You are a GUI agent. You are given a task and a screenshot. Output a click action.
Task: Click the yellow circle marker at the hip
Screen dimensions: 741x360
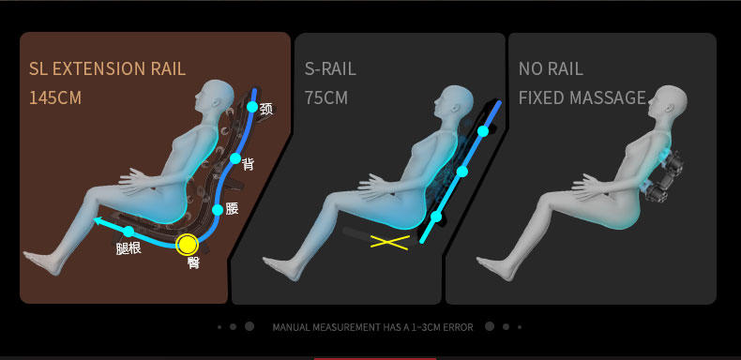pos(188,245)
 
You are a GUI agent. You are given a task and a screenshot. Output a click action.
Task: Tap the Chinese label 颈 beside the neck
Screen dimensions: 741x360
pos(266,110)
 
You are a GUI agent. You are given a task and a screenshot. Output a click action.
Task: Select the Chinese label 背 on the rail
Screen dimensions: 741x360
pos(248,164)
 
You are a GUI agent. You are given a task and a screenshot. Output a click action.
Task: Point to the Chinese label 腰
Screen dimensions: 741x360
pos(232,208)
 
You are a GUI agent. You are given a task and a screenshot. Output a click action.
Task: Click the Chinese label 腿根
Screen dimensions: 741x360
pos(129,248)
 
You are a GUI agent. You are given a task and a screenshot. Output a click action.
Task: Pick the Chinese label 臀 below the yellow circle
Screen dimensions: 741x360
pos(193,262)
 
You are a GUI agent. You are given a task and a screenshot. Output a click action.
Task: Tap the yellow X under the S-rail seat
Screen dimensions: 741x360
pos(390,243)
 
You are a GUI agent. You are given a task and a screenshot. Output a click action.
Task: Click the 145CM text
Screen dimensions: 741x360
pos(55,97)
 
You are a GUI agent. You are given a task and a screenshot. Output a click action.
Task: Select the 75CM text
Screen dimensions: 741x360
pos(326,97)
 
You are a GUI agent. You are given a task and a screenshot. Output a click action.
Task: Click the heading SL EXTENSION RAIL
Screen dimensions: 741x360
pos(107,69)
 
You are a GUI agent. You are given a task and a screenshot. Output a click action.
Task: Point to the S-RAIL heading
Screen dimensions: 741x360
pos(330,69)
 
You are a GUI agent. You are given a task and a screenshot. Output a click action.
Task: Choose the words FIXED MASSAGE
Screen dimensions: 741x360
pos(582,97)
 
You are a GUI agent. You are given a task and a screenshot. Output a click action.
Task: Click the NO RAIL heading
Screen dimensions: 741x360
pos(551,69)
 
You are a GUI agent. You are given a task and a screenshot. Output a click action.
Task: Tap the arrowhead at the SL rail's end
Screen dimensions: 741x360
pos(98,220)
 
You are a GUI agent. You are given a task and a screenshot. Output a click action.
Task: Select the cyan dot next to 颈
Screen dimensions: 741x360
pos(252,107)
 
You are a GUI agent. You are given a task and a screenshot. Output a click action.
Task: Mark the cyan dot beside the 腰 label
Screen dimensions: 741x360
pos(218,210)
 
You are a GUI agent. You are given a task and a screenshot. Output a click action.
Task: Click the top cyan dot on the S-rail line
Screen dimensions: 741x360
pos(482,131)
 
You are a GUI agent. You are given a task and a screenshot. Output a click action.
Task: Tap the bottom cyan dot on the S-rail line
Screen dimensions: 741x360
pos(436,217)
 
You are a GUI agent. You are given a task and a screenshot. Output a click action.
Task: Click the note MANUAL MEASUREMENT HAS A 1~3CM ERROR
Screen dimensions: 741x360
pos(373,327)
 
